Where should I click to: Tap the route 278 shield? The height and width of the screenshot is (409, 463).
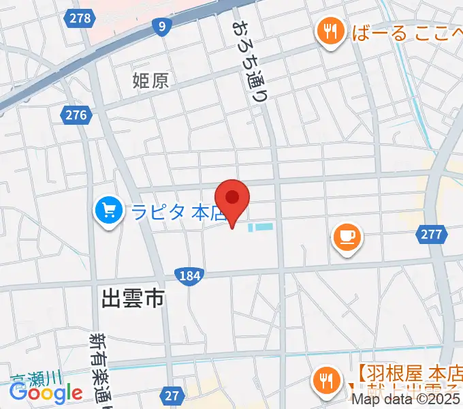coord(80,18)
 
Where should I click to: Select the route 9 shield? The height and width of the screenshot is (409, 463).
coord(161,27)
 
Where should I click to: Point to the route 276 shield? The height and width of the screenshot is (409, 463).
coord(76,115)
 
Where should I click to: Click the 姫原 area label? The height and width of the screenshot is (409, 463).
coord(150,81)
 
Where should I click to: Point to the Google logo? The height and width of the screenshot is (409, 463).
coord(46,393)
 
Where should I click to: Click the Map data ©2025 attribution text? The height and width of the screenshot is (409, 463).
coord(406,402)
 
